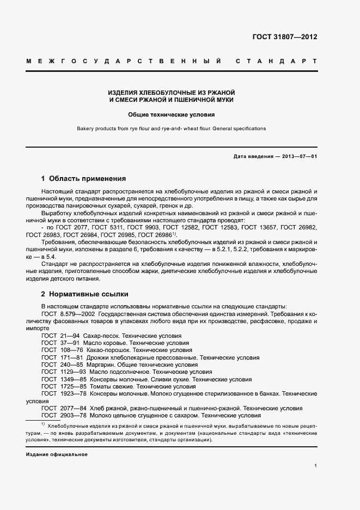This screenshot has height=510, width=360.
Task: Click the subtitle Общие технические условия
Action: point(172,115)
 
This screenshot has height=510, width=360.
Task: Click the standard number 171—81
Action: point(71,357)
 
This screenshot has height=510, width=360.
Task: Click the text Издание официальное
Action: point(57,454)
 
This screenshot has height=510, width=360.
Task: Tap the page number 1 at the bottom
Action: point(316,466)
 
